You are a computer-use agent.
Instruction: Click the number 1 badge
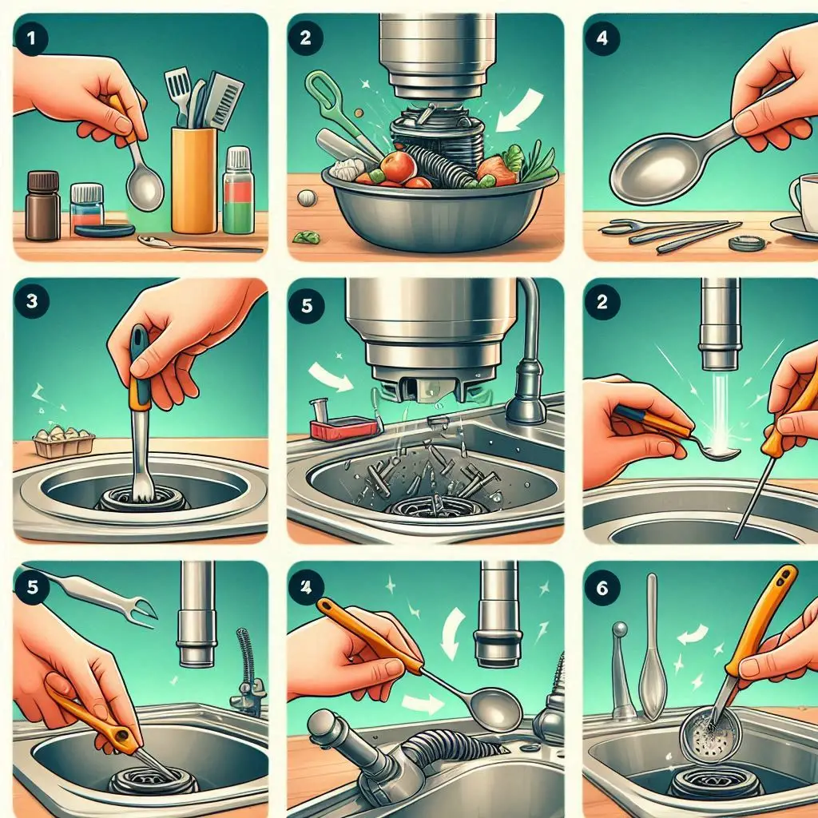click(32, 38)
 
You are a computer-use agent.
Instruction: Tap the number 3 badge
click(32, 301)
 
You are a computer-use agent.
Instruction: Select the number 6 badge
click(602, 588)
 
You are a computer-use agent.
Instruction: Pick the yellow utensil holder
click(194, 180)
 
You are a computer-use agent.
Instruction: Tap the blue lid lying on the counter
click(105, 230)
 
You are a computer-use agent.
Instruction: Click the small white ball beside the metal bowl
click(306, 198)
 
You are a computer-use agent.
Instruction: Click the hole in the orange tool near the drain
click(123, 736)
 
